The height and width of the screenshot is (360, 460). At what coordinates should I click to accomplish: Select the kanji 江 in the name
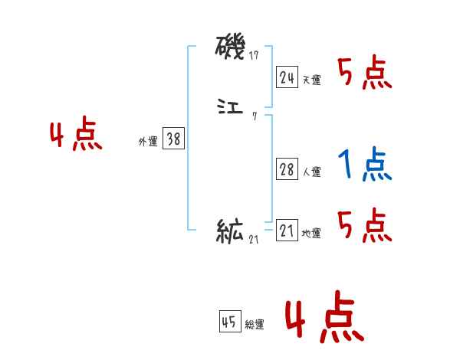click(231, 106)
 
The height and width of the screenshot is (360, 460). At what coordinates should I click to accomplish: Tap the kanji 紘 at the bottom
click(231, 230)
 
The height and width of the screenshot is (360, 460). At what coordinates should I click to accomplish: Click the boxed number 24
click(287, 77)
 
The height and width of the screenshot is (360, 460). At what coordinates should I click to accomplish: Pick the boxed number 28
click(287, 169)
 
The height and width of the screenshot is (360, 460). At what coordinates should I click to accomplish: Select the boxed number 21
click(287, 231)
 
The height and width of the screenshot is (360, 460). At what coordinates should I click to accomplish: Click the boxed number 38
click(173, 139)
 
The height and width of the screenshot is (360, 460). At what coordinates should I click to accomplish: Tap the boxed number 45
click(229, 322)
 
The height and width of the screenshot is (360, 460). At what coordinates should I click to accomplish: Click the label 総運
click(255, 326)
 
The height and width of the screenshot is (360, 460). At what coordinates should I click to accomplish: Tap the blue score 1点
click(364, 164)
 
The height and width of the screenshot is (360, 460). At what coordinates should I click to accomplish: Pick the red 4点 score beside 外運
click(76, 136)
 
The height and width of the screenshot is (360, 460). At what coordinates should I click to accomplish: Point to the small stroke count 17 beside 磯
click(254, 56)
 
